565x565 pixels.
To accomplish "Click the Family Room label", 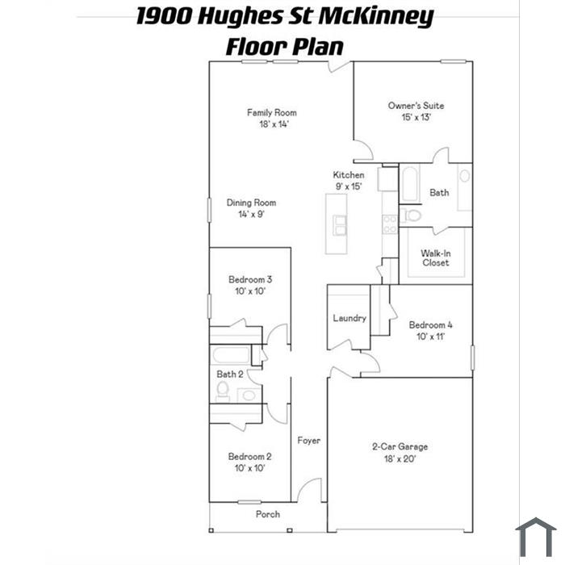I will point(271,112).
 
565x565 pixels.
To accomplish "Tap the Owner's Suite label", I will point(416,105).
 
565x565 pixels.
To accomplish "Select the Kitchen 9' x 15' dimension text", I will point(349,186).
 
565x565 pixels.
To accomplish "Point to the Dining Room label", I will point(251,203).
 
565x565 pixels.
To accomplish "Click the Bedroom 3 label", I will point(250,279).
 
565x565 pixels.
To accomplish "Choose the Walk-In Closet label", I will point(436,257).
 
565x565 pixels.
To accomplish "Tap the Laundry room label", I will point(349,318).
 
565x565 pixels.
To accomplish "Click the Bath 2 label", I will point(229,374).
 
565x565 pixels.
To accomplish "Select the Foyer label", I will point(308,441).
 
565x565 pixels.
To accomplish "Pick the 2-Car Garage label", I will point(400,446).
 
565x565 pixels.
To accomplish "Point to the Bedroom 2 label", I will point(249,456).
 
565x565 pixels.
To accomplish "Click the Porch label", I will point(268,514).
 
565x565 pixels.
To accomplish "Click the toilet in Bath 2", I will point(222,391).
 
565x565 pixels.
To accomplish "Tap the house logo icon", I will point(536,536).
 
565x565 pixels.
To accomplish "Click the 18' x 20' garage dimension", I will point(400,458).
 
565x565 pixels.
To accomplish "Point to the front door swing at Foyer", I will point(308,490).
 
